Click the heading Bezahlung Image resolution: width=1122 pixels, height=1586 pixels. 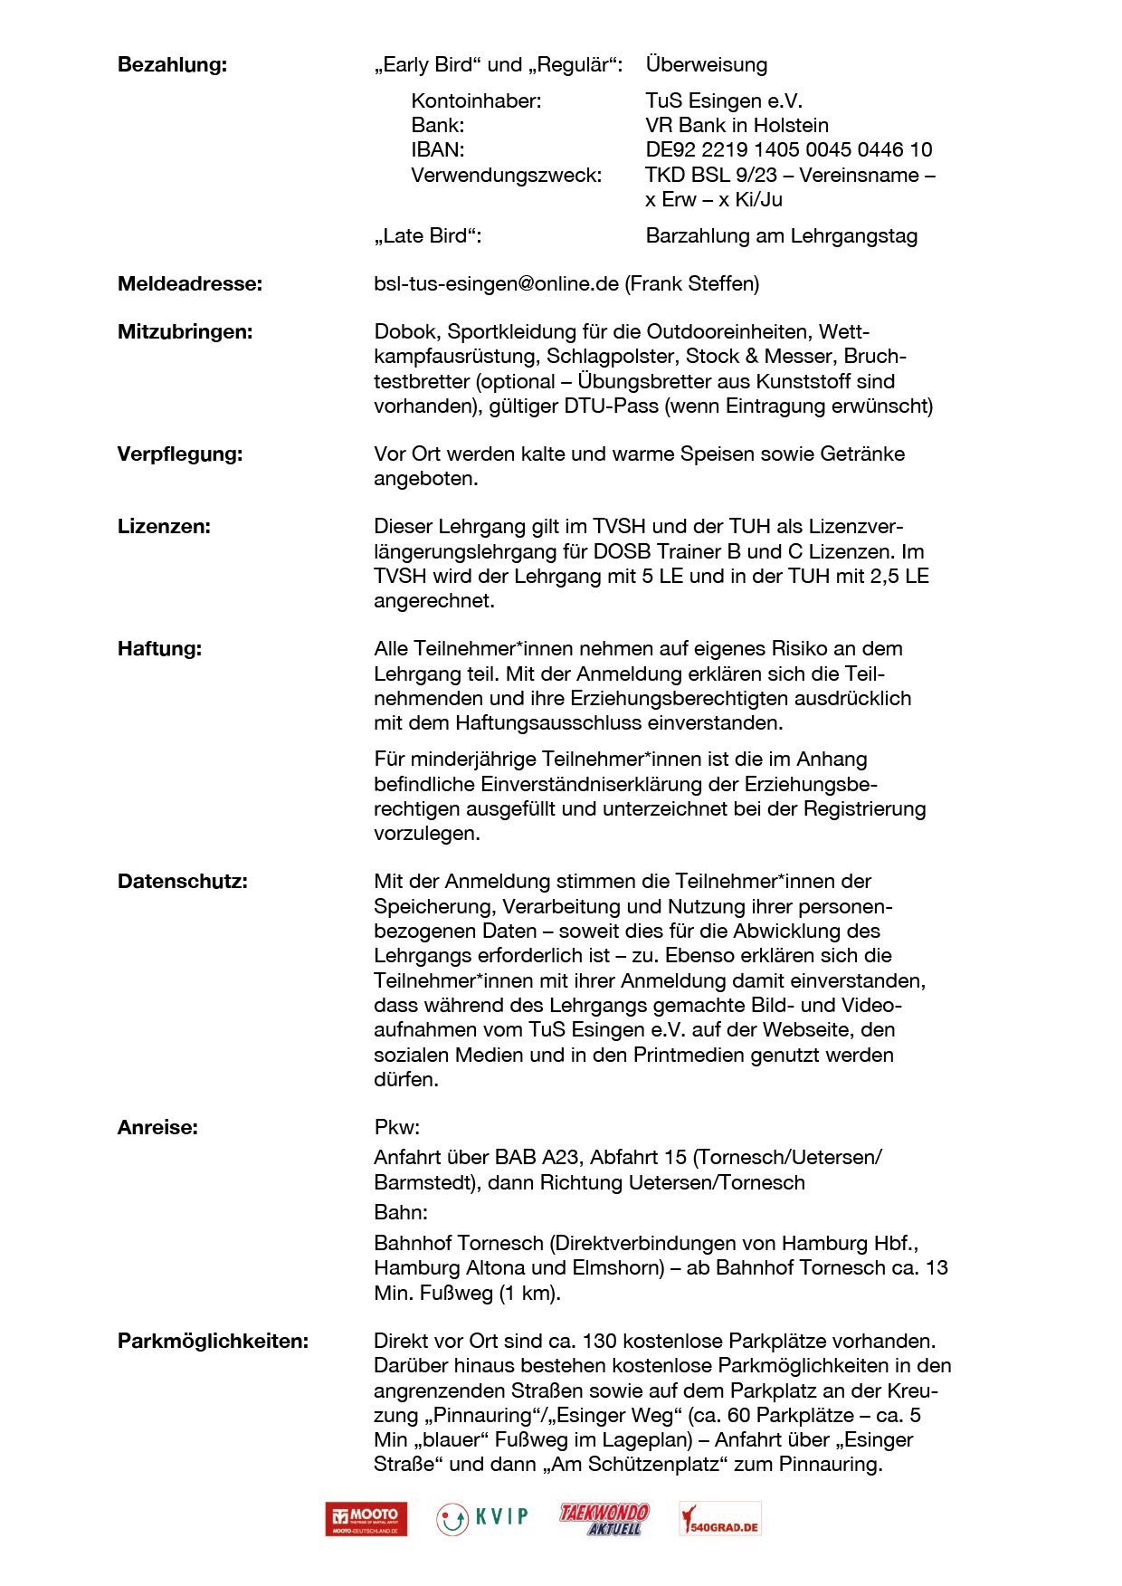(172, 65)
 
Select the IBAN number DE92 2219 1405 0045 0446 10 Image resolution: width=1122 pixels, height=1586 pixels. (788, 150)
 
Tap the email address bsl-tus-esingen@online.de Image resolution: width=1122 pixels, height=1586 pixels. (496, 284)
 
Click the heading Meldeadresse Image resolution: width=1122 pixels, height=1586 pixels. (190, 284)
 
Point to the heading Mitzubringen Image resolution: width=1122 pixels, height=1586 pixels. (185, 332)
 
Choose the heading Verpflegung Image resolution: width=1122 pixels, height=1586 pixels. (180, 454)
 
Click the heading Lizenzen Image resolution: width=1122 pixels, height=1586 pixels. (164, 527)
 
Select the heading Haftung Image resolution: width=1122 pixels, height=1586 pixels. (159, 649)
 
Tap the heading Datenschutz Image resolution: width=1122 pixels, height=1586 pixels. (182, 882)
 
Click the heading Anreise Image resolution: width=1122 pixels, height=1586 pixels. (157, 1128)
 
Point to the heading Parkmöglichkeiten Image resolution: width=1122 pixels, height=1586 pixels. (213, 1342)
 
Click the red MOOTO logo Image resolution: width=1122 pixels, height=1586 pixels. (366, 1519)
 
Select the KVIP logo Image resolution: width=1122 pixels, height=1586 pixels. (482, 1518)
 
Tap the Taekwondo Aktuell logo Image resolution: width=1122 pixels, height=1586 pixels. (604, 1519)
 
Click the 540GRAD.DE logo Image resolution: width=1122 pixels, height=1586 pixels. (720, 1519)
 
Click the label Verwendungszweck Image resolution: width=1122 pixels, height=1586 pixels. (506, 176)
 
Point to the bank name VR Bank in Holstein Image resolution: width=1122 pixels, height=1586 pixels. (737, 126)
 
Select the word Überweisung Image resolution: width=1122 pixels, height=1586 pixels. (706, 65)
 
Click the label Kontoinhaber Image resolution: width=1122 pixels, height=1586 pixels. (476, 101)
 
